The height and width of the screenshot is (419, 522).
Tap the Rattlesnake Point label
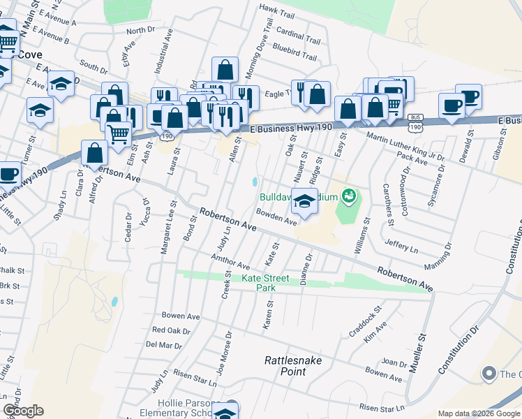[285, 366]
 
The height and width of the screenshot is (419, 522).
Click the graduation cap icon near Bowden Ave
[304, 201]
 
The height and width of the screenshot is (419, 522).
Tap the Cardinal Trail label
[298, 33]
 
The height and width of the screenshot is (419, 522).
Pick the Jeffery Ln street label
[401, 246]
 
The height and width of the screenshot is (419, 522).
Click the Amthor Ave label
[230, 262]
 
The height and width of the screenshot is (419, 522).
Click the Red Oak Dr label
[171, 330]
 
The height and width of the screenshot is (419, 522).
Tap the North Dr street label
[140, 30]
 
